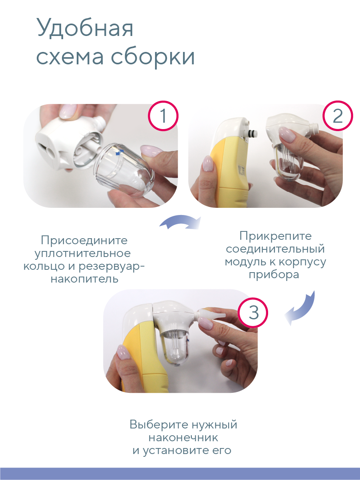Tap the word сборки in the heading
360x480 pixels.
[x=153, y=57]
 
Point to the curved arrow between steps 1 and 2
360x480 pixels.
[x=180, y=223]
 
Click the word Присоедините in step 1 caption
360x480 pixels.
[x=84, y=241]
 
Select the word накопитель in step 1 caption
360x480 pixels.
[x=84, y=278]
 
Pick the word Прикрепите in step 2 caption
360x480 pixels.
[x=275, y=236]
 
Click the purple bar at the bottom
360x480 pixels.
[x=180, y=474]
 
